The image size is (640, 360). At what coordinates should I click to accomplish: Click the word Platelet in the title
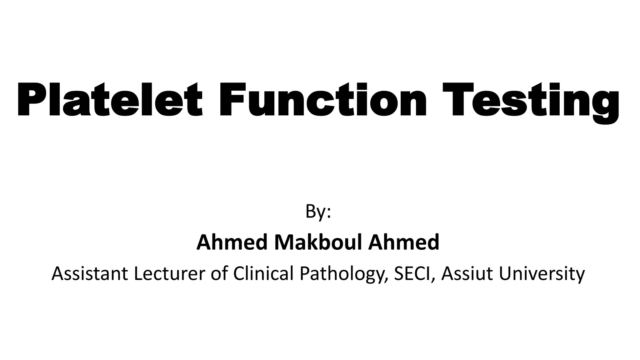coord(109,99)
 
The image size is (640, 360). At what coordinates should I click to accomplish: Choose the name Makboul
coord(318,242)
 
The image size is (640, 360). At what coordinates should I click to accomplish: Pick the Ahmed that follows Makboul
coord(403,242)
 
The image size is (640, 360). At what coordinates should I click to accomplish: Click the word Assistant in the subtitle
coord(90,273)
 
